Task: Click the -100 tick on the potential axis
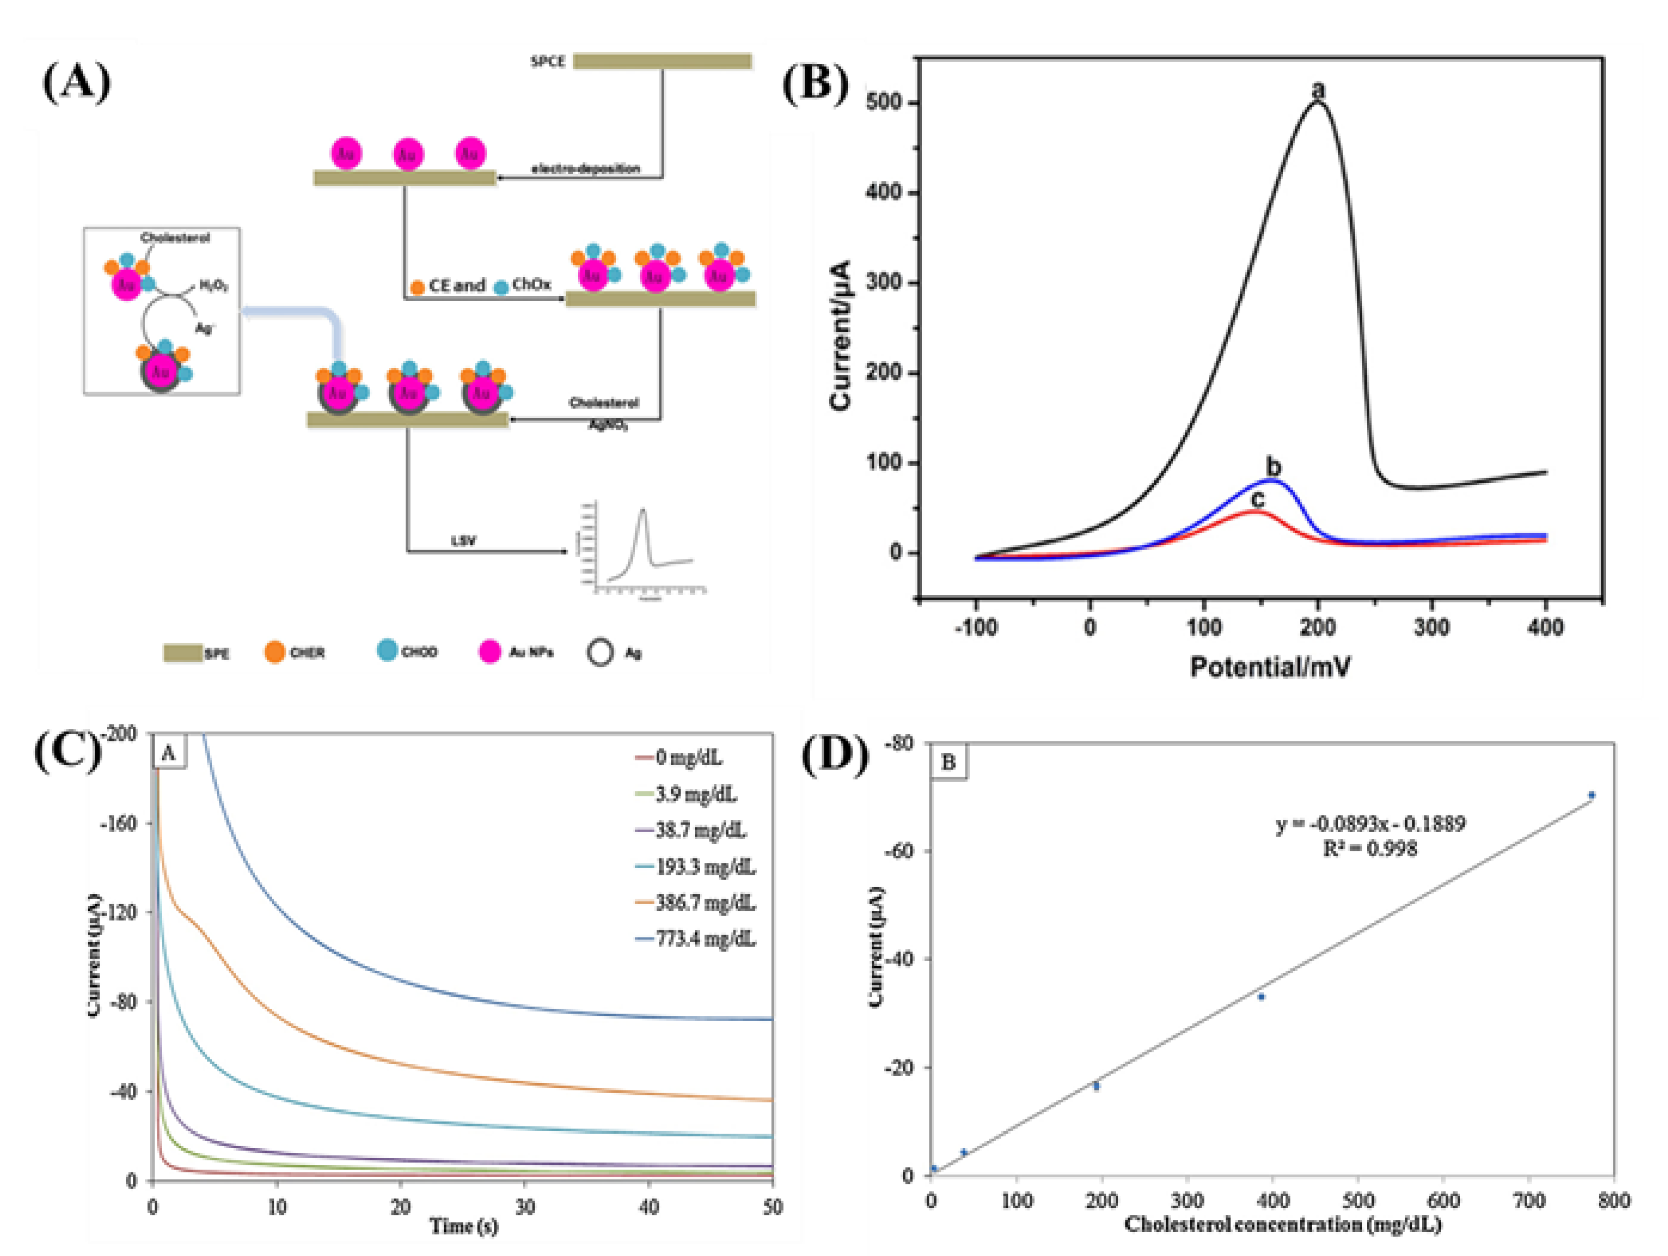976,627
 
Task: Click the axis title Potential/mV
1270,667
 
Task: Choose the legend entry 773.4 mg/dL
704,939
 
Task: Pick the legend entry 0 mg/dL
688,757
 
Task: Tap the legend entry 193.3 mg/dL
704,867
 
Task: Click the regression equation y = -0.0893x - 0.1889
1370,824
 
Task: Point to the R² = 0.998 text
1370,849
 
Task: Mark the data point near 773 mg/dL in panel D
1592,795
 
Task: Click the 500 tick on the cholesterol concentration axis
1358,1200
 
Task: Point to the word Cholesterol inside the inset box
175,238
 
